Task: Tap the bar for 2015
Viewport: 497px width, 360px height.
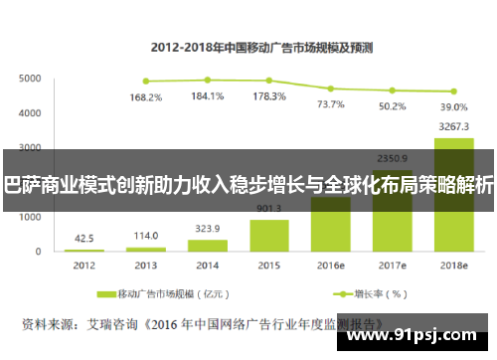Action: [x=269, y=235]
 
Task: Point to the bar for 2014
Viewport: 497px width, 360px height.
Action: [x=208, y=245]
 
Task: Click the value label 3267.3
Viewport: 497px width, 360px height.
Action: [x=453, y=126]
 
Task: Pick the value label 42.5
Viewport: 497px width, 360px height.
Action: [x=85, y=238]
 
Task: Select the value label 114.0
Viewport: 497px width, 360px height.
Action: [x=147, y=236]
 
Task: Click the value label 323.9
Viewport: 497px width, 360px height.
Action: [x=208, y=228]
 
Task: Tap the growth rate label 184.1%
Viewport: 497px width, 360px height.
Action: [x=208, y=96]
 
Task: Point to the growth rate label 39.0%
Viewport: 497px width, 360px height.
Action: [x=453, y=106]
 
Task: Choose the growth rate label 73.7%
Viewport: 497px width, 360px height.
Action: [x=330, y=103]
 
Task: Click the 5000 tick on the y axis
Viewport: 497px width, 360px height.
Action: [x=30, y=78]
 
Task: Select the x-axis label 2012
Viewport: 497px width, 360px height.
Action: [x=85, y=266]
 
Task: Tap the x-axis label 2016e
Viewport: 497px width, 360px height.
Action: [x=330, y=266]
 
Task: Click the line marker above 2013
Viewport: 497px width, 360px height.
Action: [x=147, y=82]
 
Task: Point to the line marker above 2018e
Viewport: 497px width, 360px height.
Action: [x=453, y=90]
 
